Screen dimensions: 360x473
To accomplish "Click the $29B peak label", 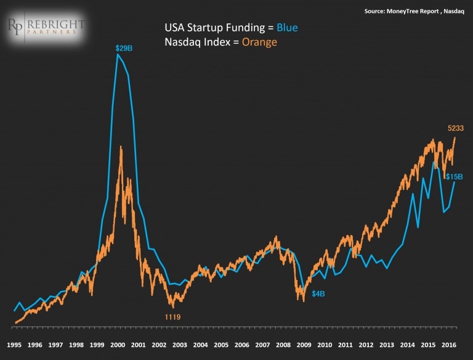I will [x=124, y=47].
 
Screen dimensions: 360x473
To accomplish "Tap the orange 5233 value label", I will [x=456, y=128].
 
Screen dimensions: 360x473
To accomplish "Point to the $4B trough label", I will [x=318, y=294].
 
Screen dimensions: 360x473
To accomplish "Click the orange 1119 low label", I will [x=172, y=316].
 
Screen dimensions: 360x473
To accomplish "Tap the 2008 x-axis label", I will [x=284, y=345].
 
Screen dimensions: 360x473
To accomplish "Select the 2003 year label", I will [x=180, y=345].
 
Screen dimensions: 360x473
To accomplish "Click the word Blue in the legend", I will [x=286, y=28].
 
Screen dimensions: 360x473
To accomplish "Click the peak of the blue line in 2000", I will [x=118, y=55].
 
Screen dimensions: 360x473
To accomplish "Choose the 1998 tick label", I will [x=76, y=345].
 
